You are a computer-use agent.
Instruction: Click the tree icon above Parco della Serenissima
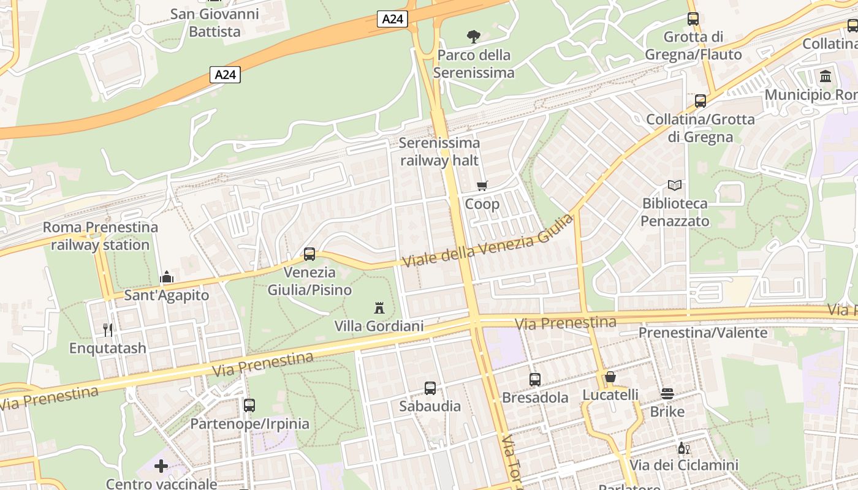(474, 37)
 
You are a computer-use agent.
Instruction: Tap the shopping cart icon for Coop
(482, 186)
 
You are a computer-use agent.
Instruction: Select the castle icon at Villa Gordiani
(379, 307)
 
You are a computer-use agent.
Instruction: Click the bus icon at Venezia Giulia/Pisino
(309, 254)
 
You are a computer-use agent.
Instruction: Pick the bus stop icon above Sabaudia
(430, 388)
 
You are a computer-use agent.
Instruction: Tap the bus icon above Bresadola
(535, 379)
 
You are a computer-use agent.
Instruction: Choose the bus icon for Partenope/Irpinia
(249, 405)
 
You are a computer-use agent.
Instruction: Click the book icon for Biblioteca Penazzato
(674, 185)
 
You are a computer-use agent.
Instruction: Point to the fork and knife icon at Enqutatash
(108, 330)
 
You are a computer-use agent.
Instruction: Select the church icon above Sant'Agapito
(166, 277)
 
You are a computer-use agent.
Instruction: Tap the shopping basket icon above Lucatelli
(610, 377)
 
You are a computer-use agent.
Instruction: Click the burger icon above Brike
(667, 394)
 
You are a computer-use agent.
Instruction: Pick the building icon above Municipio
(826, 77)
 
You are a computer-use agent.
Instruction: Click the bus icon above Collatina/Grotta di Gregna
(700, 101)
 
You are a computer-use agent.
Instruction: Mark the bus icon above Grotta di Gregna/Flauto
(693, 18)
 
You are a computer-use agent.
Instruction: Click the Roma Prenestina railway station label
(101, 236)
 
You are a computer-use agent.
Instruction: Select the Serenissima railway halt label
(439, 151)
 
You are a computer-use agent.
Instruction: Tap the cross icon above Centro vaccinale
(161, 466)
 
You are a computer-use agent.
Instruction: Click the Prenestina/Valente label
(703, 333)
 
